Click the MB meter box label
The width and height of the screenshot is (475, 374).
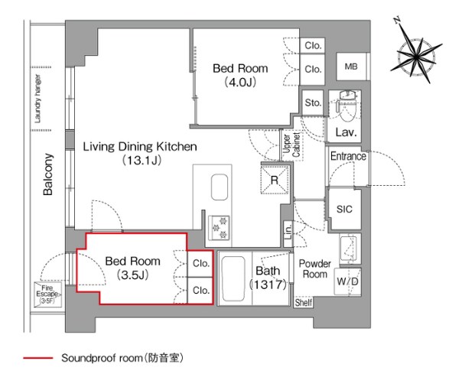[351, 67]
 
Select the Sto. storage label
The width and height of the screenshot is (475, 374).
[313, 102]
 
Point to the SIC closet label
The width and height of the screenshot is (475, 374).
[344, 209]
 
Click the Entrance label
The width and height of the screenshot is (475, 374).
[348, 156]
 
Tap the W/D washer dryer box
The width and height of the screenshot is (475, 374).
[348, 281]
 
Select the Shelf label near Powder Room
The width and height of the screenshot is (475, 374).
[303, 302]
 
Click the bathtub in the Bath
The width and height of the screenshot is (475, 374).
[233, 278]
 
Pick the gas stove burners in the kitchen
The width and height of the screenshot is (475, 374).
[220, 227]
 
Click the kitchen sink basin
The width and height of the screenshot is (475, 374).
[220, 187]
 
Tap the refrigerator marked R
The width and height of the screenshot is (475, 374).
[275, 180]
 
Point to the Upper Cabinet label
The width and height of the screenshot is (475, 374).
[291, 145]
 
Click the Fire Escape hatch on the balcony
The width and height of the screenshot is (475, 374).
[47, 294]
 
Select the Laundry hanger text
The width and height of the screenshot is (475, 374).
[37, 99]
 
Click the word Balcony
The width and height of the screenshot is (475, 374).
[48, 174]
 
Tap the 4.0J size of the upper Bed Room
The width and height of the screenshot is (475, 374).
[240, 82]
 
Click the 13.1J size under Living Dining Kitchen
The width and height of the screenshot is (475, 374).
[142, 160]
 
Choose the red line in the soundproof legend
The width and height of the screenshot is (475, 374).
[38, 358]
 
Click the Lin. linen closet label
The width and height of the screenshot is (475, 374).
[288, 231]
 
